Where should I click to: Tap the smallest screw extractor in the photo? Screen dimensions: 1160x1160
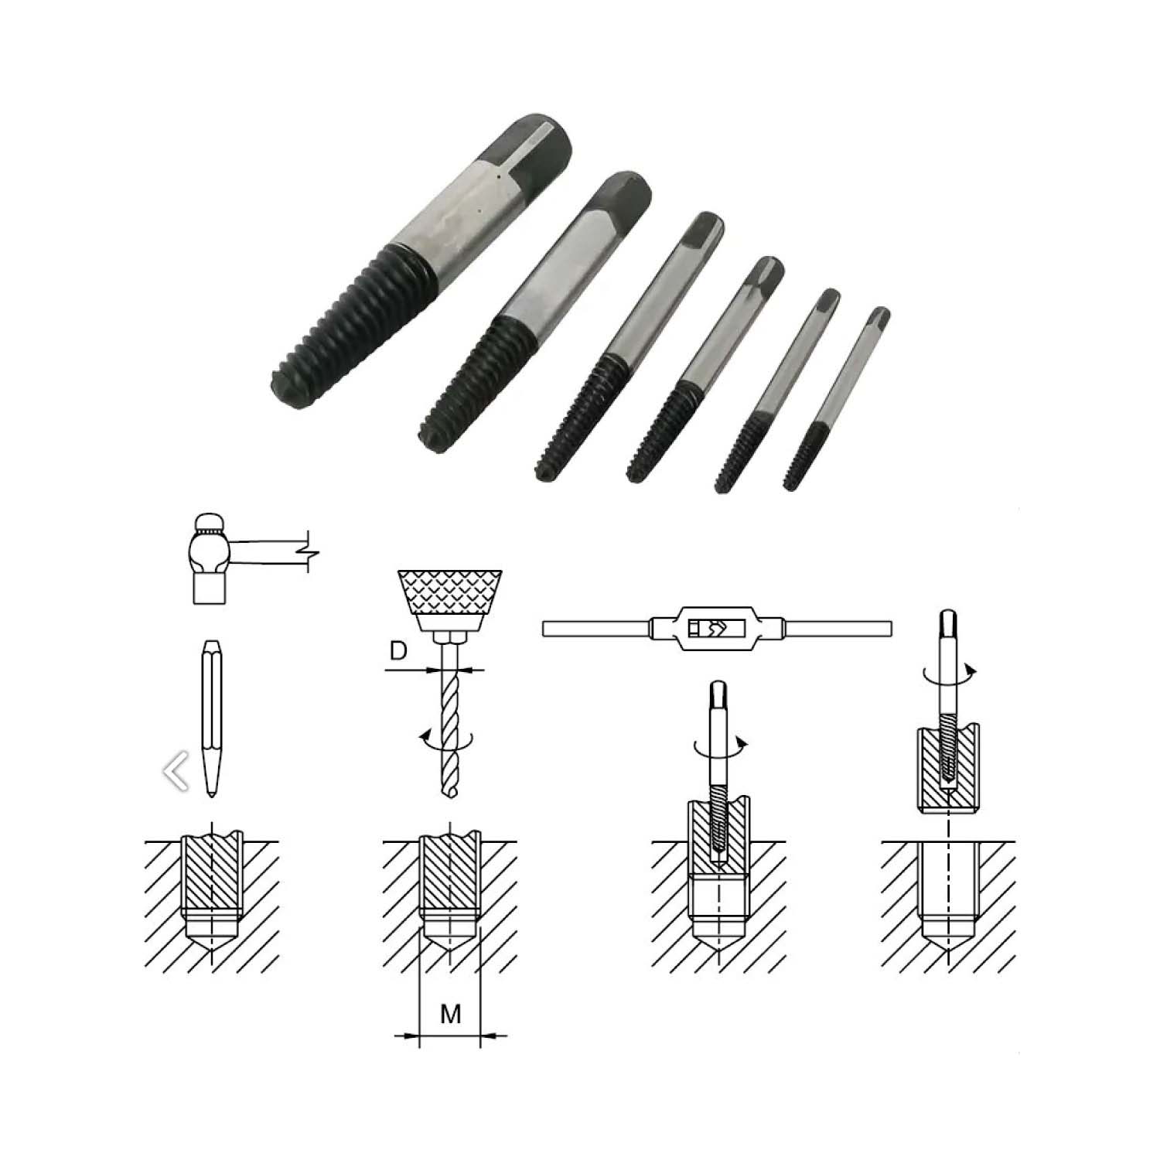pos(836,398)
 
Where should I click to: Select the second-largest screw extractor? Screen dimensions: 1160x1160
pos(534,309)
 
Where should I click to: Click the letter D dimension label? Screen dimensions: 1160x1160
pos(397,651)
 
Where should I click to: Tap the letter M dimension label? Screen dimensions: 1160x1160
pos(450,1012)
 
